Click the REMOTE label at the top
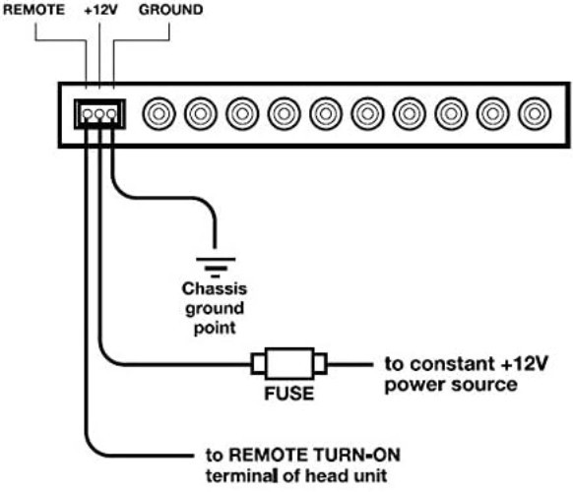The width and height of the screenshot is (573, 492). point(33,10)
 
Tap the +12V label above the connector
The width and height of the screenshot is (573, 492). point(100,10)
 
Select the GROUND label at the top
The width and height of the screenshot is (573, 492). point(170,10)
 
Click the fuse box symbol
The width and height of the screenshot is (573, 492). point(289,364)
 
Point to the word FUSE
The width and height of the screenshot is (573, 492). point(289,394)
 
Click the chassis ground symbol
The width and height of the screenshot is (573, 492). point(216,268)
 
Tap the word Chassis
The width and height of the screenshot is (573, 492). point(215,289)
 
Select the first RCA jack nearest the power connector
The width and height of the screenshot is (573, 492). point(159,113)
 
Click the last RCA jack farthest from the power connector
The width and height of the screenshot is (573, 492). point(535,113)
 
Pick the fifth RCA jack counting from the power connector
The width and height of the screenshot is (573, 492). point(326,113)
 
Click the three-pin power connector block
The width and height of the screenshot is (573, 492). point(99,114)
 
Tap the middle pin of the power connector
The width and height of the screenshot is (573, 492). point(99,114)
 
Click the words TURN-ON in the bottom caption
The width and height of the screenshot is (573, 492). point(353,456)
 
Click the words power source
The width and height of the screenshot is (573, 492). point(451,385)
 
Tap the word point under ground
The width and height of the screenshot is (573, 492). point(215,328)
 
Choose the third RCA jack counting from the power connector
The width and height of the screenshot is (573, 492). point(242,113)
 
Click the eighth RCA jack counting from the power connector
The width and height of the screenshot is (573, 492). point(451,113)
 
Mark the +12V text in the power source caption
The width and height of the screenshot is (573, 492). point(525,364)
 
